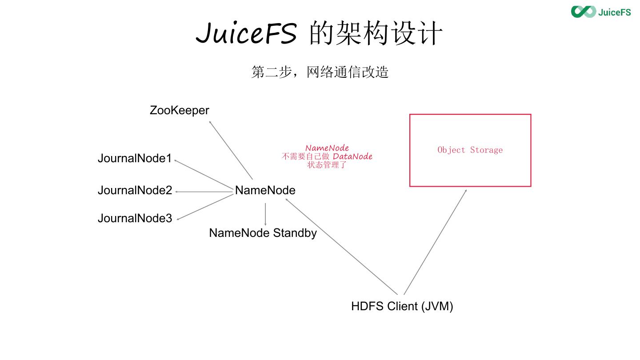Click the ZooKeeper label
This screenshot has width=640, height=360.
pyautogui.click(x=179, y=110)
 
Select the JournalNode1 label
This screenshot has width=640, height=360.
pyautogui.click(x=134, y=159)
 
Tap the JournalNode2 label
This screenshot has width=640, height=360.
pyautogui.click(x=135, y=191)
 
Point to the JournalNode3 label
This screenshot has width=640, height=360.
pyautogui.click(x=135, y=218)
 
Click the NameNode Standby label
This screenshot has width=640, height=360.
pyautogui.click(x=263, y=233)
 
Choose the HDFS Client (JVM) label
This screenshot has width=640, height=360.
pyautogui.click(x=402, y=306)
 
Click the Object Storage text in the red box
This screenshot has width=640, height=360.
pyautogui.click(x=470, y=150)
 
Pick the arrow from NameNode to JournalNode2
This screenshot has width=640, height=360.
pyautogui.click(x=204, y=192)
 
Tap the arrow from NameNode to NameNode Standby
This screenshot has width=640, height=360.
pyautogui.click(x=265, y=214)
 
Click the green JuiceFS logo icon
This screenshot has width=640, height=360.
pyautogui.click(x=583, y=12)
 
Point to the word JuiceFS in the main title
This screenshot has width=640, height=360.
pyautogui.click(x=246, y=33)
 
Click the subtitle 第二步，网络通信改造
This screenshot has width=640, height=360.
pyautogui.click(x=320, y=72)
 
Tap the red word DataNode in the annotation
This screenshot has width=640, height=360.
pyautogui.click(x=352, y=156)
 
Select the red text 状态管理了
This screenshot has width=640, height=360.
pyautogui.click(x=327, y=165)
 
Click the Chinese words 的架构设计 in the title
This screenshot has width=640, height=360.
pyautogui.click(x=376, y=33)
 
